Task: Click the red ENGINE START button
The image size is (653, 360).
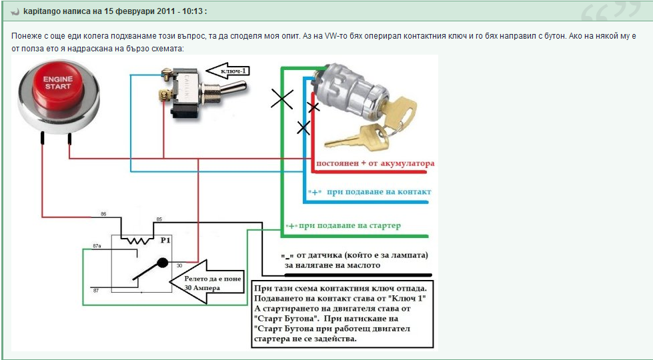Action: [58, 87]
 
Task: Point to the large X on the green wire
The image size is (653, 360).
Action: [282, 100]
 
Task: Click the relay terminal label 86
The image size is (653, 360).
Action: [103, 214]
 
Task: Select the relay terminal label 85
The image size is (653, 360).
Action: [159, 219]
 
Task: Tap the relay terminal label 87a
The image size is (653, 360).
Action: [97, 246]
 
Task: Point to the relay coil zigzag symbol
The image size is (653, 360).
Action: [137, 240]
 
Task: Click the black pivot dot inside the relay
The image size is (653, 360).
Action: [163, 263]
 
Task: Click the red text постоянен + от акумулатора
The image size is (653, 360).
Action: [376, 163]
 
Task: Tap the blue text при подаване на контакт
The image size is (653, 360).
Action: [379, 192]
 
